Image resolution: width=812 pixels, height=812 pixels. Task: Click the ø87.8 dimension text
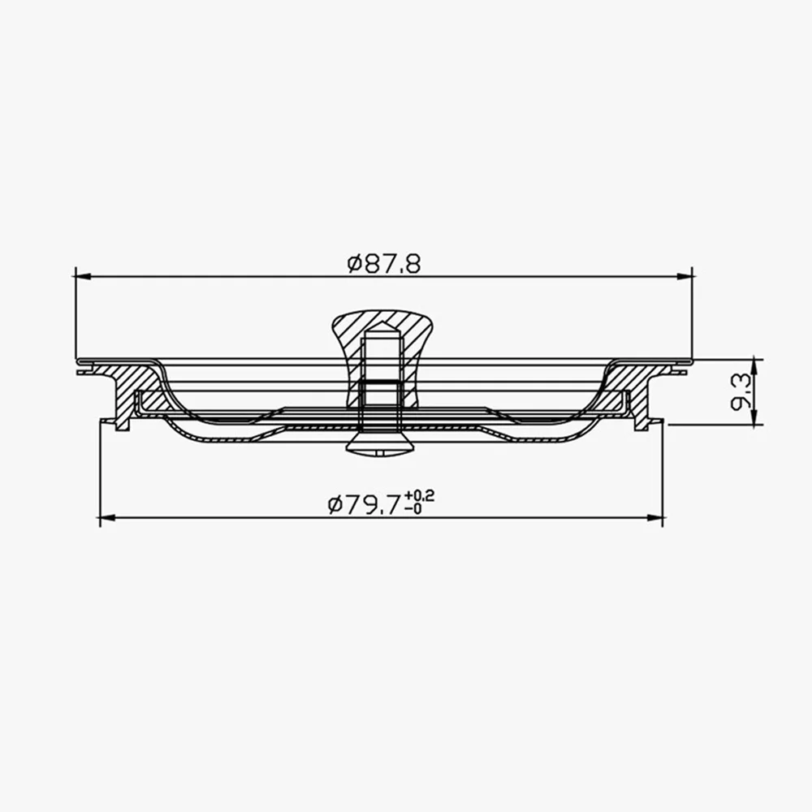384,264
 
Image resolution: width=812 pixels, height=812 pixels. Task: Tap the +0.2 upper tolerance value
421,496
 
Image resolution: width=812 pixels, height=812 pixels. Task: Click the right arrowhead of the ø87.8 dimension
686,276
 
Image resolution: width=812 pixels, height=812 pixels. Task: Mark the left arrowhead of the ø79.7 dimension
105,517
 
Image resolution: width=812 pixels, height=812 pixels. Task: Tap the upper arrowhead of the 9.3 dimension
754,363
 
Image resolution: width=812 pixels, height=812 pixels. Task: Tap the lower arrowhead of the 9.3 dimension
754,420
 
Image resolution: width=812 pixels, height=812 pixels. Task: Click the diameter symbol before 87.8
353,264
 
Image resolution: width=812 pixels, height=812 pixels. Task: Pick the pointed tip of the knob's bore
380,327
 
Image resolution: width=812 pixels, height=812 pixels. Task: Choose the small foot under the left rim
122,423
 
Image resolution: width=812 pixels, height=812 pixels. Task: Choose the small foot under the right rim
641,423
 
